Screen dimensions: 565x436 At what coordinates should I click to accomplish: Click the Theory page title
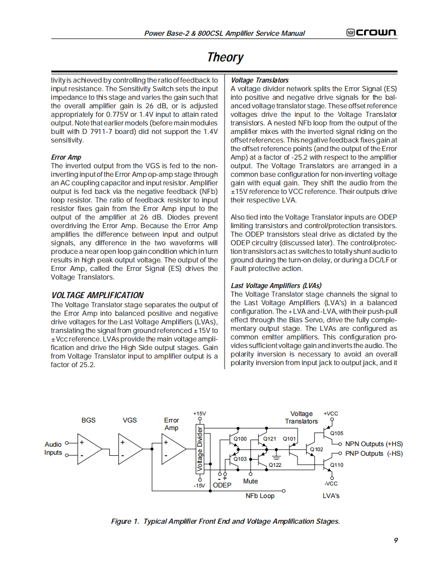(x=225, y=57)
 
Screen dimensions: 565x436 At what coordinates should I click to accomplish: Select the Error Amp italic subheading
(x=66, y=157)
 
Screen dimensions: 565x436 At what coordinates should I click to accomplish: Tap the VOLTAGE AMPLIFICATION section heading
(x=98, y=295)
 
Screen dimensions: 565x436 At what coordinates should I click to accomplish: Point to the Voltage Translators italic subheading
(x=260, y=80)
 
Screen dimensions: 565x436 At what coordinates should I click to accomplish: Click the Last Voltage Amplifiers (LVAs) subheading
(x=276, y=286)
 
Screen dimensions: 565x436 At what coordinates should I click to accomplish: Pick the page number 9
(x=396, y=540)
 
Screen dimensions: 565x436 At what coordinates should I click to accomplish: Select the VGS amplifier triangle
(x=130, y=449)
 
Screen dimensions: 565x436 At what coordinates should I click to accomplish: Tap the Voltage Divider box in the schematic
(x=200, y=450)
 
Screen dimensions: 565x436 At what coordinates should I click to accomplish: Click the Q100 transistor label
(x=241, y=439)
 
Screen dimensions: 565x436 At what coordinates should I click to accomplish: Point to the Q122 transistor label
(x=275, y=465)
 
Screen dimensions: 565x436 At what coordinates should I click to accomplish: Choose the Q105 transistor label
(x=336, y=433)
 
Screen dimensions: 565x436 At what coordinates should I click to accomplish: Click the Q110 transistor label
(x=336, y=465)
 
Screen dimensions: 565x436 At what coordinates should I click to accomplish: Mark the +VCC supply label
(x=331, y=413)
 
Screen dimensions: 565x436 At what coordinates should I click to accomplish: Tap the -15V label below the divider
(x=200, y=485)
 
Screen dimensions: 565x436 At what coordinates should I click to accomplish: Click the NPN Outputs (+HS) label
(x=374, y=444)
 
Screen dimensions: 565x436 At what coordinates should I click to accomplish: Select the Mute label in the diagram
(x=250, y=481)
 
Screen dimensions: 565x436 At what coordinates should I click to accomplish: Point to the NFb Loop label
(x=260, y=496)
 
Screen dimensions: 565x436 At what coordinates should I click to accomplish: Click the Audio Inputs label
(x=53, y=448)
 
